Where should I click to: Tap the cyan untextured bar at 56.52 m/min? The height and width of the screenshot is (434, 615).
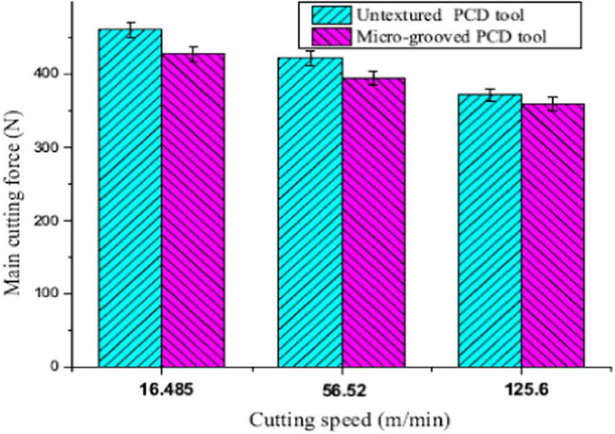coord(311,212)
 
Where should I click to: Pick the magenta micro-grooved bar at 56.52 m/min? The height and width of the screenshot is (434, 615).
coord(373,222)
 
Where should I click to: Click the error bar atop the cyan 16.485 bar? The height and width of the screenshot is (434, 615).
coord(130,30)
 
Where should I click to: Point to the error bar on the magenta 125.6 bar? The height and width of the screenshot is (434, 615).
coord(553,104)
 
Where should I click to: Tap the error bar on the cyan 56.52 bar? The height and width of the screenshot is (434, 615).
coord(311,58)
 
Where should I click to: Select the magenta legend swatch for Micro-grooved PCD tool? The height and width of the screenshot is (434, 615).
coord(331,37)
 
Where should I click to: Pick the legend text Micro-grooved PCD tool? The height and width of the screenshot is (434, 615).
coord(451,38)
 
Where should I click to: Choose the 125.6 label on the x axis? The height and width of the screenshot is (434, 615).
coord(522,390)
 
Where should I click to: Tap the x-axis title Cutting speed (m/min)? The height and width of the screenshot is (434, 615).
coord(349,420)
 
